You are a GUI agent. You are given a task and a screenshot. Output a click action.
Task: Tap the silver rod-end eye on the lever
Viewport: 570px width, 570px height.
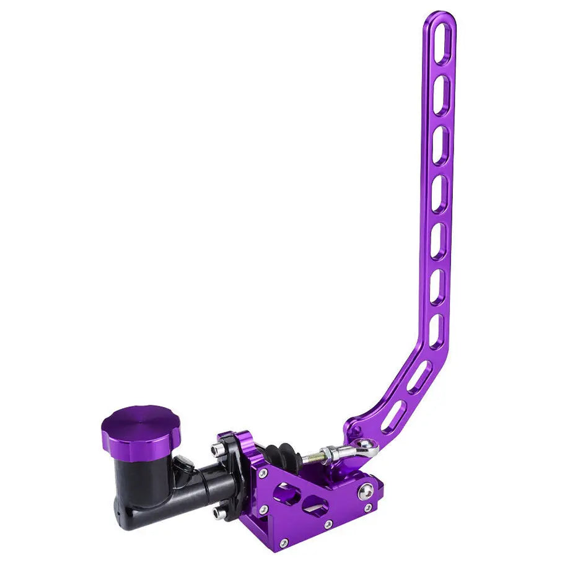pyautogui.click(x=367, y=446)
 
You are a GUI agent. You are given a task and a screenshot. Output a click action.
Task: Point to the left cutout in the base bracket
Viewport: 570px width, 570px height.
pyautogui.click(x=286, y=494)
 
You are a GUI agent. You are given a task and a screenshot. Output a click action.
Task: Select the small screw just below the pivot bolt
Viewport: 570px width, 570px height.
pyautogui.click(x=368, y=508)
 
